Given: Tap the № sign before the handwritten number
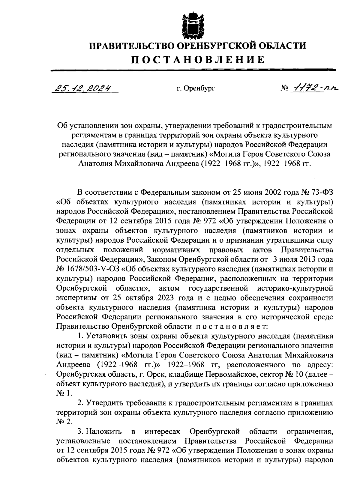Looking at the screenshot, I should pos(285,89).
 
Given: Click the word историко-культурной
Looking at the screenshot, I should pos(295,289).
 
